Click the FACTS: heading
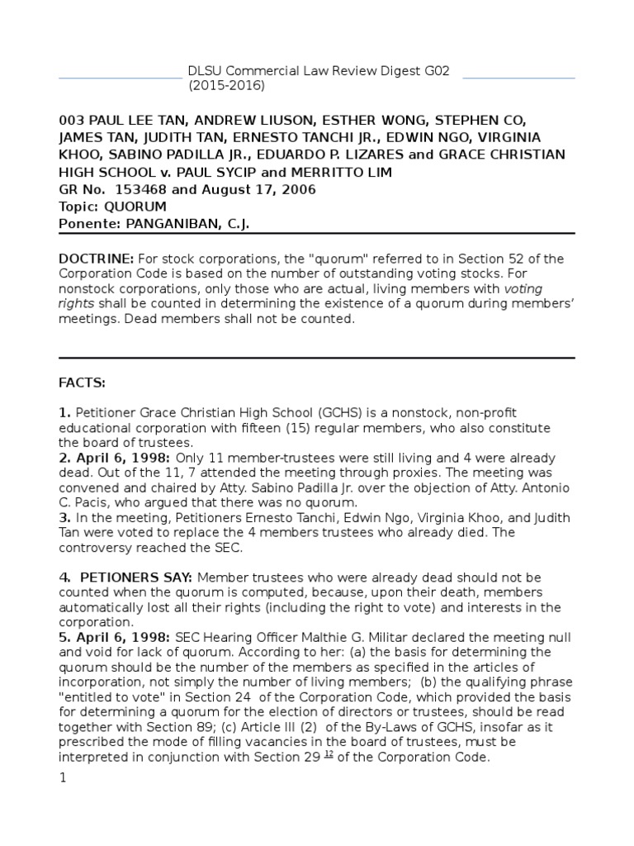click(82, 383)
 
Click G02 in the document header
click(434, 71)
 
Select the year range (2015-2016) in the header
click(227, 86)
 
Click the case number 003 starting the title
click(71, 121)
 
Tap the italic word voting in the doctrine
click(523, 289)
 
